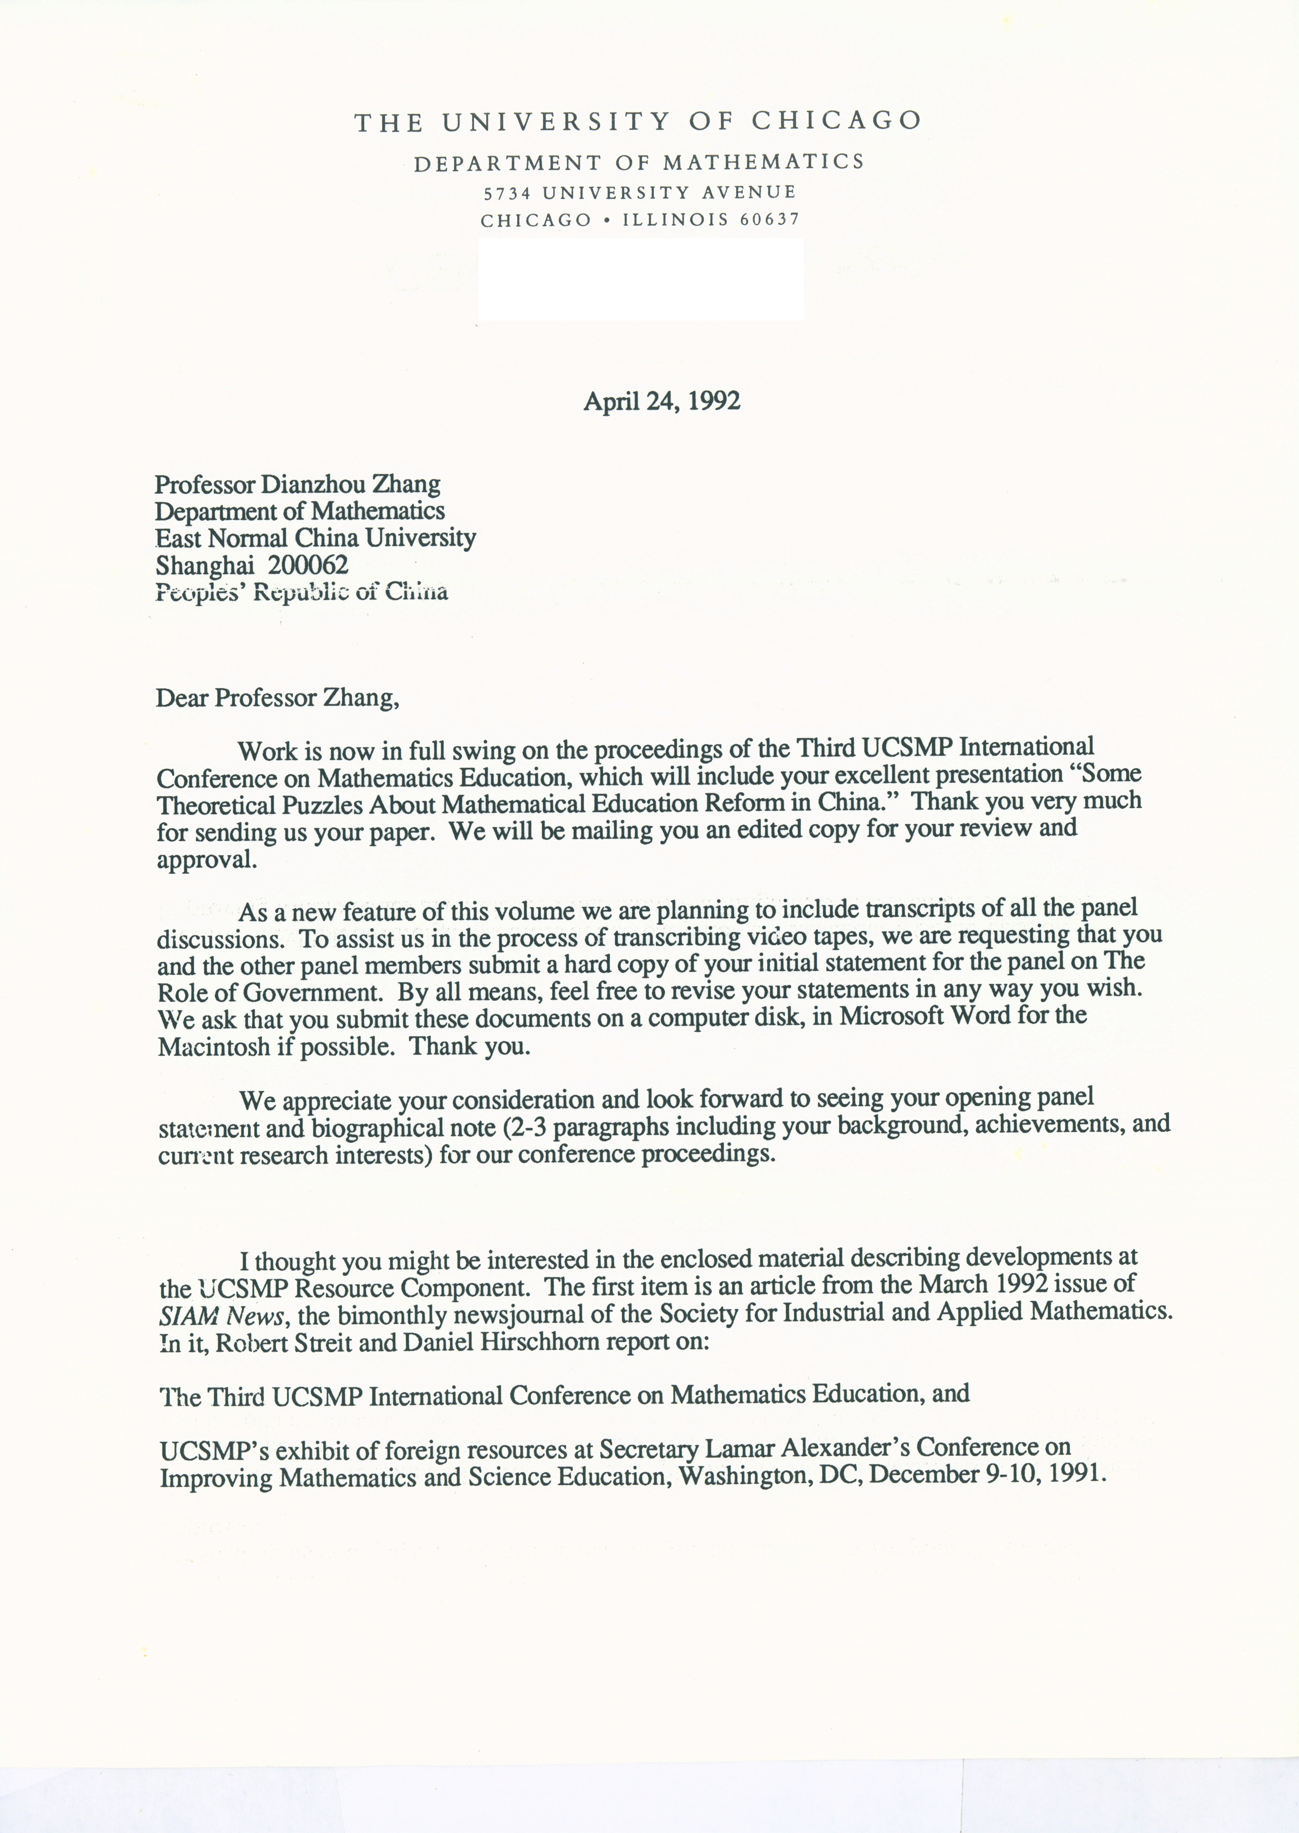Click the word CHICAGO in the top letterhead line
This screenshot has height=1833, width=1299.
coord(836,121)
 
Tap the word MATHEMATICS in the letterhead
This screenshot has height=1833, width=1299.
coord(764,162)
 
